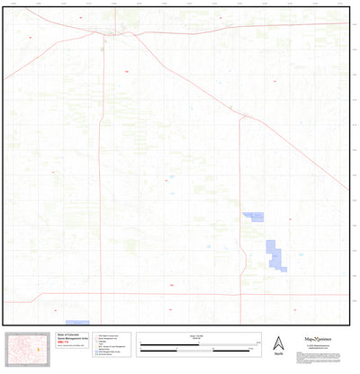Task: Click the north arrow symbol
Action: [279, 342]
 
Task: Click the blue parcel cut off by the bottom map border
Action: [78, 322]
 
